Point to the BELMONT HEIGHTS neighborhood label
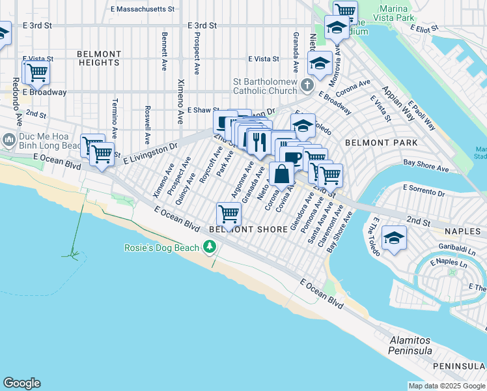point(99,58)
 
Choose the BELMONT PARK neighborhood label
point(381,142)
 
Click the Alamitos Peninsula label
point(411,346)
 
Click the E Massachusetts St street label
point(143,9)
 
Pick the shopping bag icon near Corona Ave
point(282,175)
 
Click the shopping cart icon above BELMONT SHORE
point(229,213)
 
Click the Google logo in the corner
point(21,383)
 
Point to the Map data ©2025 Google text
point(446,386)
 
